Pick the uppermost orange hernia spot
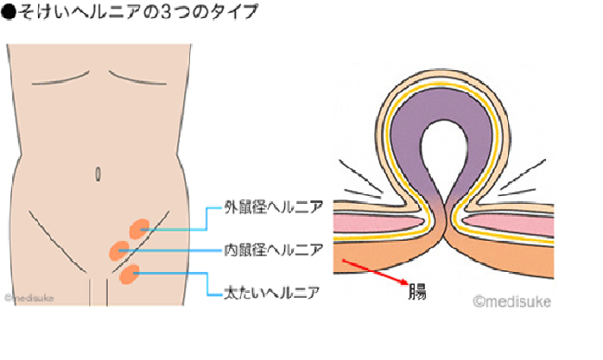[x=138, y=227]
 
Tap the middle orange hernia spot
[x=118, y=251]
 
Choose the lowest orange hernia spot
[x=130, y=275]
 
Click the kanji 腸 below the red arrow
[x=417, y=290]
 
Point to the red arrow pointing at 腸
[x=377, y=272]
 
